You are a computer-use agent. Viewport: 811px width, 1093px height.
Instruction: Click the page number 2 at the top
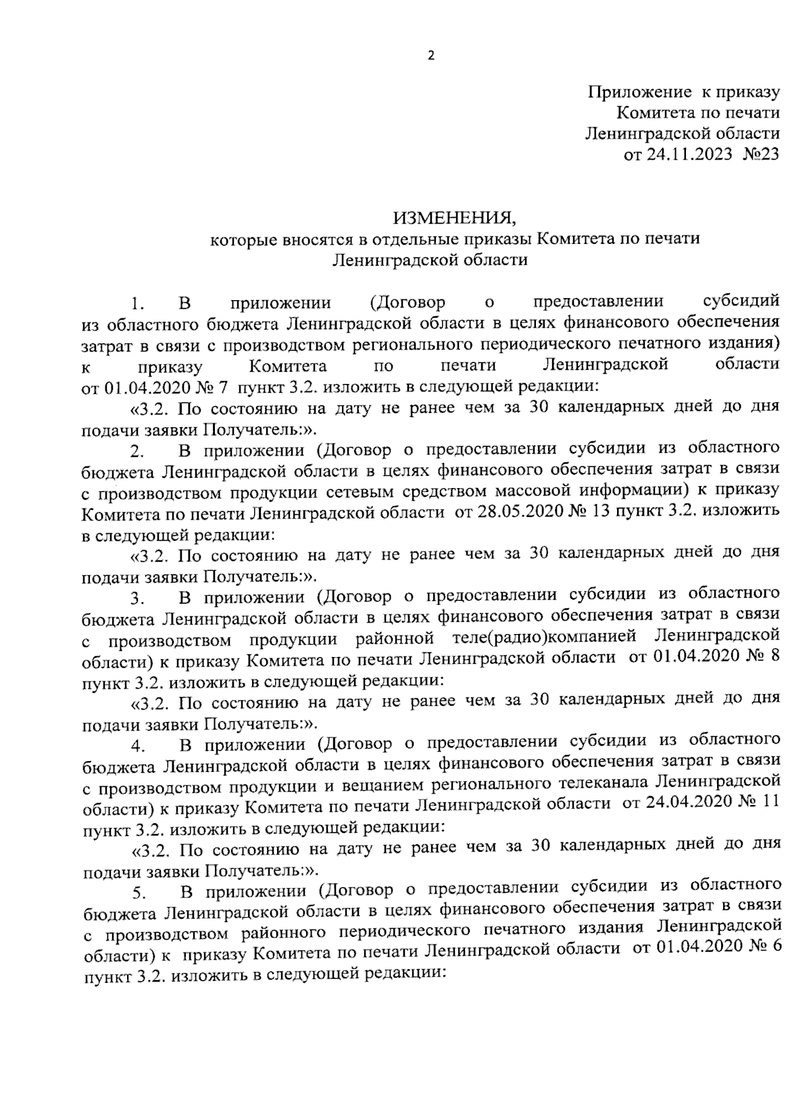pyautogui.click(x=431, y=56)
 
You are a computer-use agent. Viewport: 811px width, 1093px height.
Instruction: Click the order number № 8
pyautogui.click(x=766, y=657)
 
